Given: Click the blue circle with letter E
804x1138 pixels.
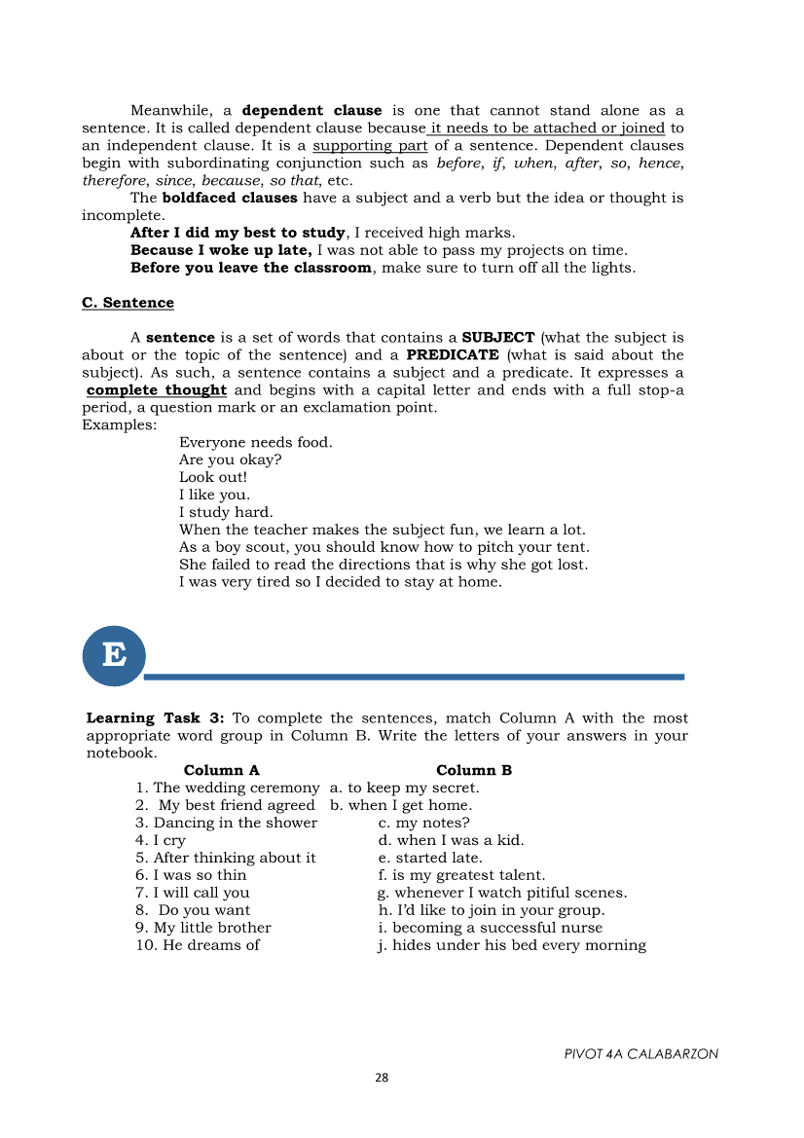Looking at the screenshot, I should click(x=114, y=655).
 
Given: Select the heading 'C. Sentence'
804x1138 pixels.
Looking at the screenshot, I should click(x=128, y=303).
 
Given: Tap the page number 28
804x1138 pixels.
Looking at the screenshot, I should click(x=382, y=1078).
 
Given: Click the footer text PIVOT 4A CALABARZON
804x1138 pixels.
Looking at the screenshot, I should click(x=640, y=1054).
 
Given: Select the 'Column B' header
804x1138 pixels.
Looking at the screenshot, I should click(x=474, y=770).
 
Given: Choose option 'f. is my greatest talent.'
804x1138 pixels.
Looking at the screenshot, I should click(x=461, y=875).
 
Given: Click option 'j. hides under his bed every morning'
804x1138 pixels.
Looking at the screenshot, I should click(x=512, y=945).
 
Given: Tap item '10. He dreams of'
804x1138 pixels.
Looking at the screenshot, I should click(x=198, y=945).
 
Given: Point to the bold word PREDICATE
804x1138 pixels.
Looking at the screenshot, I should click(x=453, y=355).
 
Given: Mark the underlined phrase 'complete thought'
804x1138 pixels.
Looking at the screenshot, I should click(x=157, y=390).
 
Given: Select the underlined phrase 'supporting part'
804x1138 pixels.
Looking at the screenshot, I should click(x=370, y=146).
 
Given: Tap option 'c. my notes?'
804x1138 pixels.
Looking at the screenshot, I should click(x=423, y=823).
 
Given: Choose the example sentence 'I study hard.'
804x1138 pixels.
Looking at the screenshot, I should click(x=226, y=512).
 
